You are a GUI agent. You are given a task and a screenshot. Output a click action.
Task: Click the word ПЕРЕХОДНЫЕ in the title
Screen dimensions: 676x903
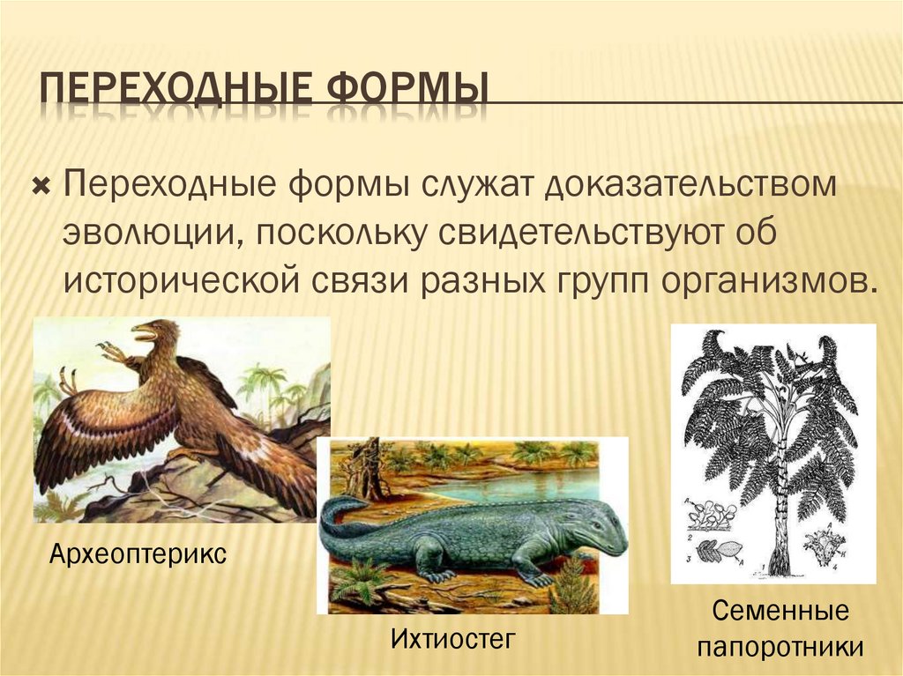(174, 91)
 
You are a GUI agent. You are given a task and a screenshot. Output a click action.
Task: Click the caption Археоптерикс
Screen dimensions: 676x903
(138, 554)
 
